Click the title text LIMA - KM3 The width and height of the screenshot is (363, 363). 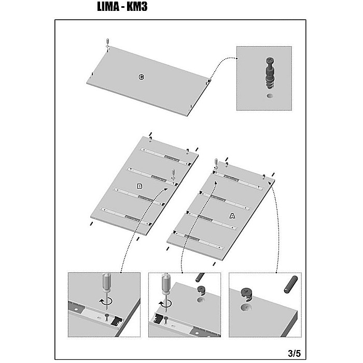tap(122, 7)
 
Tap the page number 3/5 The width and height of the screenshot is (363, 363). tap(294, 354)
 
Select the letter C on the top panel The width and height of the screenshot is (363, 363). tap(141, 77)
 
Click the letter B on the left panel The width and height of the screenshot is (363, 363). tap(139, 186)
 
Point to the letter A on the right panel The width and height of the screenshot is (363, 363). tap(232, 216)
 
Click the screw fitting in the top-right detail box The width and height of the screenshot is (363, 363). tap(270, 73)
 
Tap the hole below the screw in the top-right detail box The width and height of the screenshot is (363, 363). tap(270, 95)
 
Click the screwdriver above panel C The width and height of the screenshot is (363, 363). tap(107, 44)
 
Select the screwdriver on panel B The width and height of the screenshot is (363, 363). tap(173, 175)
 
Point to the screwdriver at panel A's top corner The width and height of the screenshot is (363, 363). tap(216, 164)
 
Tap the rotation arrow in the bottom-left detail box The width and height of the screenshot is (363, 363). tap(106, 301)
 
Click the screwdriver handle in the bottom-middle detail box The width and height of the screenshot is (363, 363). tap(166, 284)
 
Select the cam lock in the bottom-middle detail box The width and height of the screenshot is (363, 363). tap(202, 291)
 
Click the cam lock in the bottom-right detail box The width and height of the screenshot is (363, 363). tap(246, 295)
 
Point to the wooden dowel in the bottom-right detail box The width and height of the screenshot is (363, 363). tap(290, 285)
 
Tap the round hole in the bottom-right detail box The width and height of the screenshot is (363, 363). tap(246, 308)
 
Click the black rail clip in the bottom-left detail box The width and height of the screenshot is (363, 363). tap(116, 321)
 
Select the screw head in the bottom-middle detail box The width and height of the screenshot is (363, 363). tap(166, 318)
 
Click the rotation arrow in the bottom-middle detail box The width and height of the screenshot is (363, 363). tap(165, 303)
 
